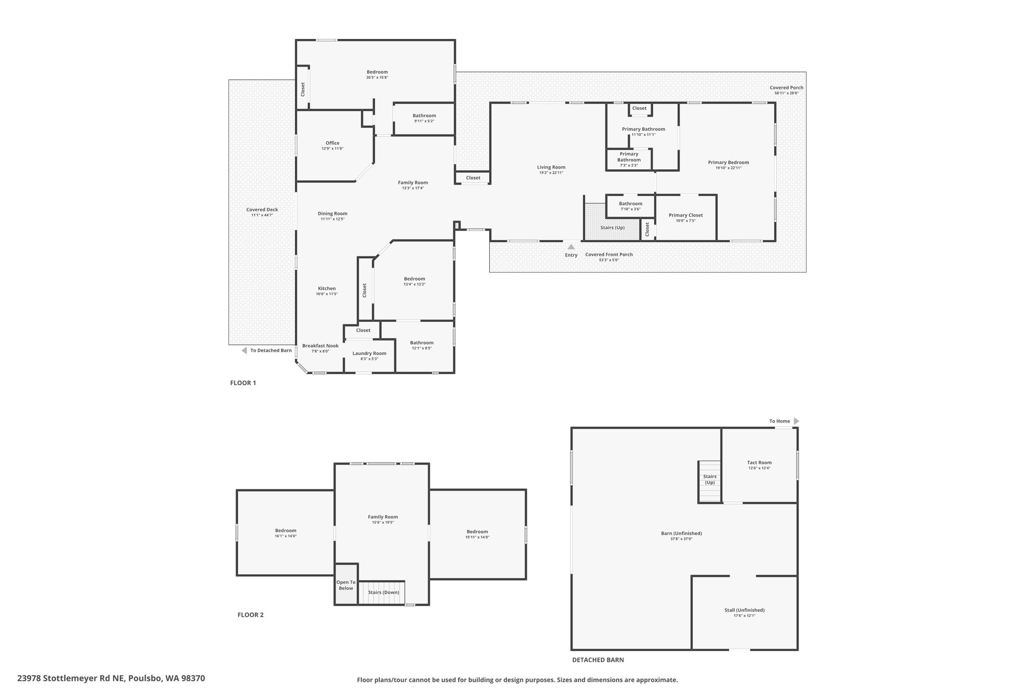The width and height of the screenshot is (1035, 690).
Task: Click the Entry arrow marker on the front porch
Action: click(571, 247)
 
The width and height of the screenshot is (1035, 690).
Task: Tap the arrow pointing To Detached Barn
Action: click(244, 350)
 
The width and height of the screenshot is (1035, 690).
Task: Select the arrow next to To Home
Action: click(796, 421)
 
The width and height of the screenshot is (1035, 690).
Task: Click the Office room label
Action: click(333, 143)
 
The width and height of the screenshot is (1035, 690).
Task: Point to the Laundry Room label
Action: click(369, 353)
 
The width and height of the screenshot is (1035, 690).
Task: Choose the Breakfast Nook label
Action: click(320, 346)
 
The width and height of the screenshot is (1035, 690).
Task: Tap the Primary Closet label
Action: click(686, 215)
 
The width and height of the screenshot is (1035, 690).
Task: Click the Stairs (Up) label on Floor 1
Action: click(613, 227)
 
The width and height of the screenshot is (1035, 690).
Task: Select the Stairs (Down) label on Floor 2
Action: click(384, 592)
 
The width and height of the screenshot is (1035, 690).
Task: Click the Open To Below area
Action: click(346, 584)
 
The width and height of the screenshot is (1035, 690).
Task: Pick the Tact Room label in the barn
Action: click(760, 463)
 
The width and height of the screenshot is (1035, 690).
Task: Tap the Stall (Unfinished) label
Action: click(744, 610)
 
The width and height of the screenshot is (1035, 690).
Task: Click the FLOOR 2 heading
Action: click(251, 615)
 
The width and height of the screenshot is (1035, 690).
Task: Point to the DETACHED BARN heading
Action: click(598, 660)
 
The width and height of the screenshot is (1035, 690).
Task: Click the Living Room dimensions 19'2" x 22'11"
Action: click(551, 173)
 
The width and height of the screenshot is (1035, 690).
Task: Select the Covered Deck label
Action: click(262, 210)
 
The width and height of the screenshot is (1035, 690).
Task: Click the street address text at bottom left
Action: click(111, 678)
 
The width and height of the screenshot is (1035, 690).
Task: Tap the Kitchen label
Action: click(327, 289)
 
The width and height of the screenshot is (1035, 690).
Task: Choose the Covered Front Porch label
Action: click(609, 254)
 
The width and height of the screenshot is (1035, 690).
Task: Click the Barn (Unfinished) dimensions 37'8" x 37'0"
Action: click(681, 539)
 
